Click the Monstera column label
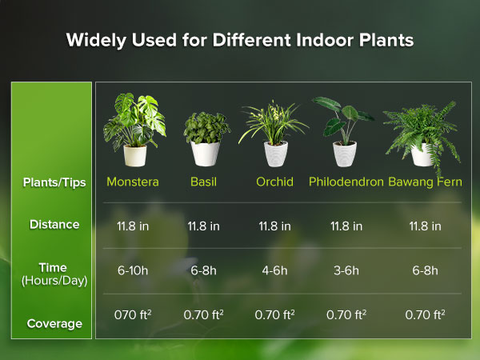coord(133,182)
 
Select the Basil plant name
coord(203,182)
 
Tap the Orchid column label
coord(274,182)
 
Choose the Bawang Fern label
coord(424,182)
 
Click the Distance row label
coord(54,225)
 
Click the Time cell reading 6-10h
coord(133,270)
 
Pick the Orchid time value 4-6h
coord(274,270)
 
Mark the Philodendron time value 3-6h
coord(346,270)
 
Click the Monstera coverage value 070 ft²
coord(133,315)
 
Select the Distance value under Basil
coord(203,226)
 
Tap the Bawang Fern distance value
coord(425,226)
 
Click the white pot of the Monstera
coord(134,154)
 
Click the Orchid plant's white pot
coord(275,153)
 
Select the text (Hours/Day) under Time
coord(54,281)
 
